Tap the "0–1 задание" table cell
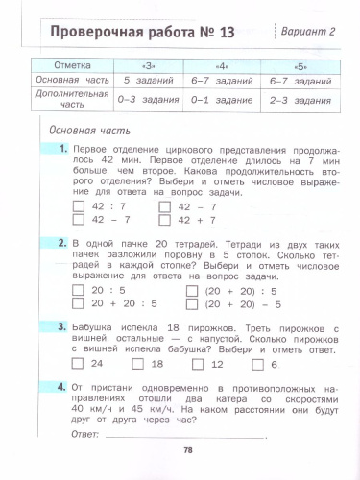coord(226,99)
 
